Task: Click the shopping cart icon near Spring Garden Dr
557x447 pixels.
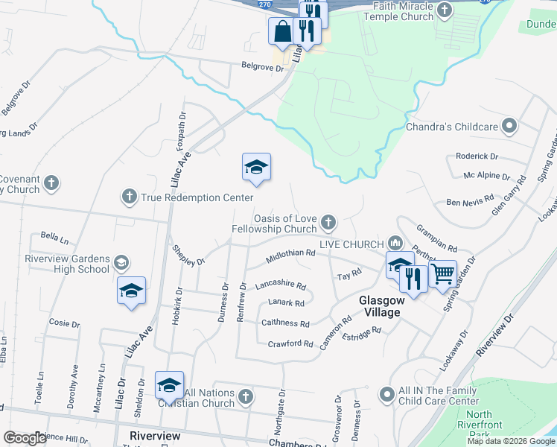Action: point(443,274)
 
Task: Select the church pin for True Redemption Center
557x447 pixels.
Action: point(129,197)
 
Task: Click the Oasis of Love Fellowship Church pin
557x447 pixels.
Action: point(328,221)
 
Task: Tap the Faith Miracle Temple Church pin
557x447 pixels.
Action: point(445,10)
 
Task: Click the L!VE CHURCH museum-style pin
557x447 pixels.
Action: point(395,243)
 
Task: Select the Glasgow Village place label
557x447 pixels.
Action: point(381,306)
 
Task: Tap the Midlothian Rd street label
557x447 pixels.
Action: point(290,258)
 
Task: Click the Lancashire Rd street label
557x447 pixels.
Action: point(281,285)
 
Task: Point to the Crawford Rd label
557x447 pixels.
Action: point(290,343)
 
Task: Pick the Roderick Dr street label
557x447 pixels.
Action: point(477,156)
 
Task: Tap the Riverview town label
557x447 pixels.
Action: point(154,435)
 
